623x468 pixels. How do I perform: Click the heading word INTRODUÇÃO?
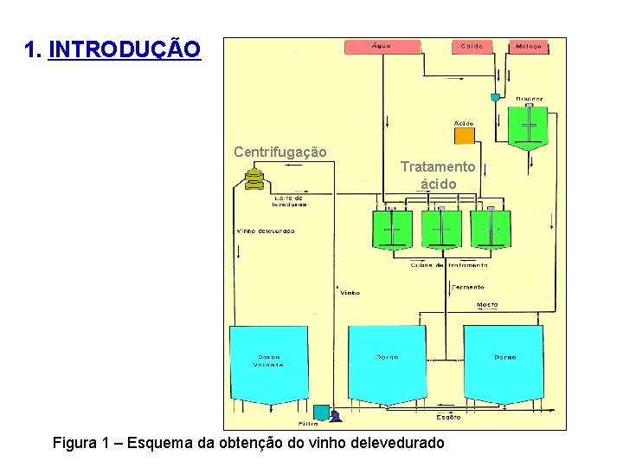[125, 49]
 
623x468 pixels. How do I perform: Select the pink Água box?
[382, 46]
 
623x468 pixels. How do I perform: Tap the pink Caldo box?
[472, 46]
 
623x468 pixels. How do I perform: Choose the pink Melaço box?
[528, 46]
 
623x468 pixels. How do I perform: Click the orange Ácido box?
[465, 136]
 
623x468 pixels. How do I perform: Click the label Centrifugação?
[280, 152]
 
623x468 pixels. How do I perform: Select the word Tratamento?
[438, 166]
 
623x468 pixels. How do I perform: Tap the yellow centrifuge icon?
[254, 179]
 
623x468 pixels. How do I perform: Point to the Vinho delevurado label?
[265, 231]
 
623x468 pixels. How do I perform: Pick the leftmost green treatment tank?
[392, 230]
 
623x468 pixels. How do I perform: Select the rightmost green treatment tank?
[491, 230]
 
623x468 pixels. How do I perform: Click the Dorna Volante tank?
[268, 364]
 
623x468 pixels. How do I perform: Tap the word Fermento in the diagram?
[468, 287]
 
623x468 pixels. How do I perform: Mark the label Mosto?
[488, 305]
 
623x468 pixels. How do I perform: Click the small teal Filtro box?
[321, 413]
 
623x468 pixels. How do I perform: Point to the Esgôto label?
[448, 418]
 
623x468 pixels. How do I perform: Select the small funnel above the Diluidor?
[495, 97]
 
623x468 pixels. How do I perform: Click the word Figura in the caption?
[75, 443]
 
